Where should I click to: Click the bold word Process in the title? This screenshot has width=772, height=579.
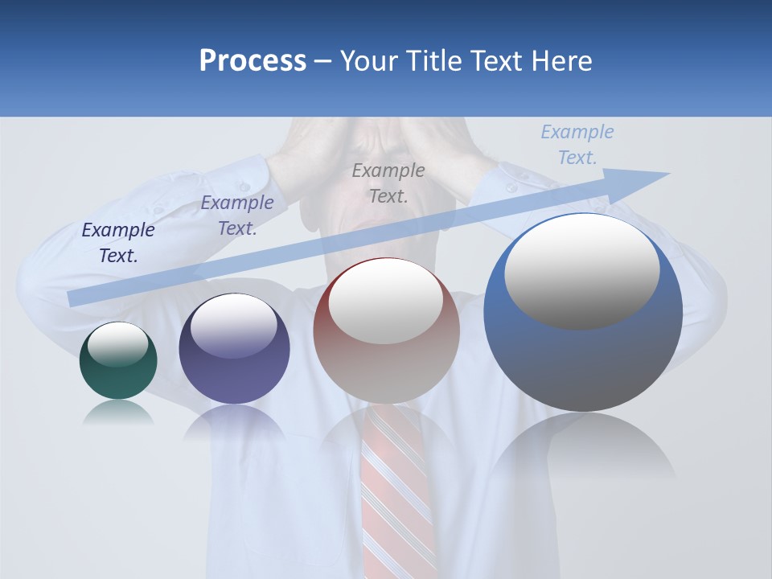[253, 61]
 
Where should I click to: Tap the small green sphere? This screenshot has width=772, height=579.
[118, 378]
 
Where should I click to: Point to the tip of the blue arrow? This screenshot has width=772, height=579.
[667, 174]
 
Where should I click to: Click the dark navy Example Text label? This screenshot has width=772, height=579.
[118, 243]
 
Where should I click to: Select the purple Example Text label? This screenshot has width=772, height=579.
[237, 216]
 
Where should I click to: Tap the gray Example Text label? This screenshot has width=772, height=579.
[388, 183]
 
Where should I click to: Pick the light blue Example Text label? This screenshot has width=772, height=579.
[577, 145]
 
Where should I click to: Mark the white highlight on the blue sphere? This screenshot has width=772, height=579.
[582, 270]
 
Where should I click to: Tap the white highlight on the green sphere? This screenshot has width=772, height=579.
[117, 344]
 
